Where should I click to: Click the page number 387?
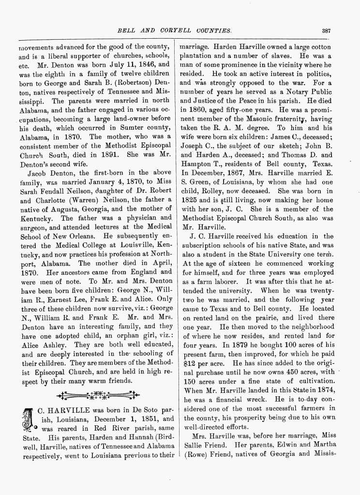(326, 30)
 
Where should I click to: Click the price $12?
(187, 350)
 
